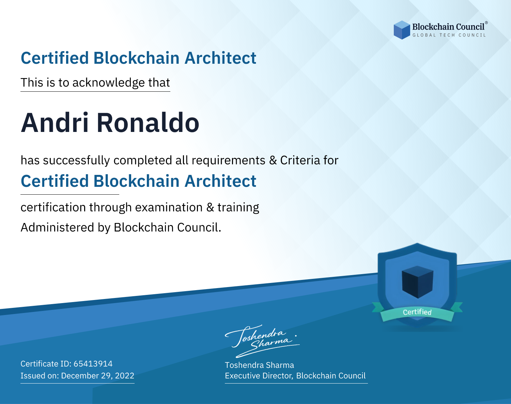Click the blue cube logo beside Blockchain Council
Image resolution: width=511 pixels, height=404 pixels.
tap(402, 30)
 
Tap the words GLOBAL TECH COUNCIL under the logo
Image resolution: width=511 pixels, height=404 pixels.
tap(449, 35)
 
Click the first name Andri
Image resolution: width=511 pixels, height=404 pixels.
tap(55, 123)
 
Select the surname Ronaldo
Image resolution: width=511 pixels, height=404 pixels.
tap(148, 123)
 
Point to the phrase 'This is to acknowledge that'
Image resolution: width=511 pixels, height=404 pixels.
tap(95, 83)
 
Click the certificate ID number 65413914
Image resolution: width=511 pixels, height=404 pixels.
tap(93, 363)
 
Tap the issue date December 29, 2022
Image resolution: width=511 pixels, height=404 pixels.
tap(97, 376)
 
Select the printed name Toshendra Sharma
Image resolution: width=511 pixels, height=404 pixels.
tap(259, 365)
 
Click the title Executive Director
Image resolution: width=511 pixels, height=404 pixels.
tap(258, 376)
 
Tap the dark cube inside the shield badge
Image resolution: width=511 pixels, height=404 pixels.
tap(417, 282)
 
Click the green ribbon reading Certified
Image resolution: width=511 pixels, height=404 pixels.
tap(417, 312)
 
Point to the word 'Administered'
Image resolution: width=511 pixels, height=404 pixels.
tap(57, 227)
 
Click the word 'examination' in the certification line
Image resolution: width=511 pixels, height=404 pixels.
tap(169, 207)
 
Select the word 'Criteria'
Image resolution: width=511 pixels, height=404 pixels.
tap(300, 160)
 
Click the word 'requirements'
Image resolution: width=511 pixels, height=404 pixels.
tap(229, 161)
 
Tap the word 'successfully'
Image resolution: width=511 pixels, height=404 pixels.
tap(76, 161)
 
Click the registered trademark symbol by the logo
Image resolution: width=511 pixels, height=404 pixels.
tap(486, 23)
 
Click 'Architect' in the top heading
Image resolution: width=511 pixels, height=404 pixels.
tap(220, 58)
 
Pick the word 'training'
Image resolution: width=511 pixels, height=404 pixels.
tap(238, 208)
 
